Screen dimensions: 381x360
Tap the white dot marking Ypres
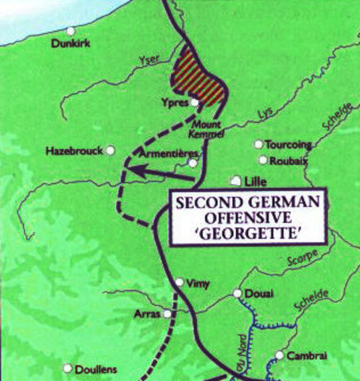pos(195,102)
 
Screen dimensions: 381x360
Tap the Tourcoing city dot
pos(258,144)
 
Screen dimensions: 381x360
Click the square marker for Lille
pos(234,180)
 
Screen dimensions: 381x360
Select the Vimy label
pos(195,283)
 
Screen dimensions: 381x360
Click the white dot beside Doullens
pos(68,368)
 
